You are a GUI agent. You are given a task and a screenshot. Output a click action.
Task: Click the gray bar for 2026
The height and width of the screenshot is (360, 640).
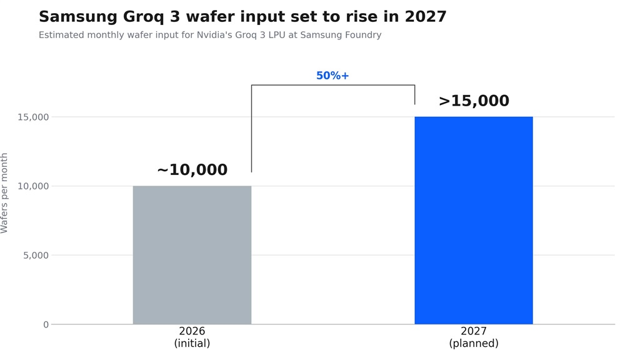point(192,255)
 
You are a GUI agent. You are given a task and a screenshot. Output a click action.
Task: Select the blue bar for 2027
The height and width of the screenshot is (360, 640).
point(474,221)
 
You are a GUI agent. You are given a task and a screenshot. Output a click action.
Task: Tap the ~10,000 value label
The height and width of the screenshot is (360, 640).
point(192,170)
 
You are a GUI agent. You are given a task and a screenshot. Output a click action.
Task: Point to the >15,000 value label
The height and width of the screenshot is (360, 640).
point(474,101)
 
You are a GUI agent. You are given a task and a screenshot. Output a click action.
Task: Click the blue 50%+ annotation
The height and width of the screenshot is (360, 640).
point(332,76)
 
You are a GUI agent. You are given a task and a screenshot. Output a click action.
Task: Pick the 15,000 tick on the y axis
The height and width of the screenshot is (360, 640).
point(33,117)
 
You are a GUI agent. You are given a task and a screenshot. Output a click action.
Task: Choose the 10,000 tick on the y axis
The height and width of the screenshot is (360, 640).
point(33,186)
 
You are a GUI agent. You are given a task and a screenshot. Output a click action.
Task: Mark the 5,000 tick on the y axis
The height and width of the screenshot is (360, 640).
point(36,256)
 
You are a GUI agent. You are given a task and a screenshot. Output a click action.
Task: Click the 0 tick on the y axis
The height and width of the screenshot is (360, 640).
point(46,324)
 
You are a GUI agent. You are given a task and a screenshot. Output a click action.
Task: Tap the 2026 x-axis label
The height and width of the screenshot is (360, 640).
point(192,331)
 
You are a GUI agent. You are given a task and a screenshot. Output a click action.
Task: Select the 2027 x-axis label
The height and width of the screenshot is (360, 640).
point(474,331)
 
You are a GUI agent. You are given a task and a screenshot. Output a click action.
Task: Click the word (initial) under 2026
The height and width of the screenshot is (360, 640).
point(192,343)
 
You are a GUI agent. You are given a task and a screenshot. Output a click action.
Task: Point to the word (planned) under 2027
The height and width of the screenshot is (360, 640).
point(474,343)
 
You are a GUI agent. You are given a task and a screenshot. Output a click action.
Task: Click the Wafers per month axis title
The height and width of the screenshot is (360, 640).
point(4,193)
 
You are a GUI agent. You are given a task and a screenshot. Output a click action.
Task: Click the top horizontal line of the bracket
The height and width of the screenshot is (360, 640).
point(333,85)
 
